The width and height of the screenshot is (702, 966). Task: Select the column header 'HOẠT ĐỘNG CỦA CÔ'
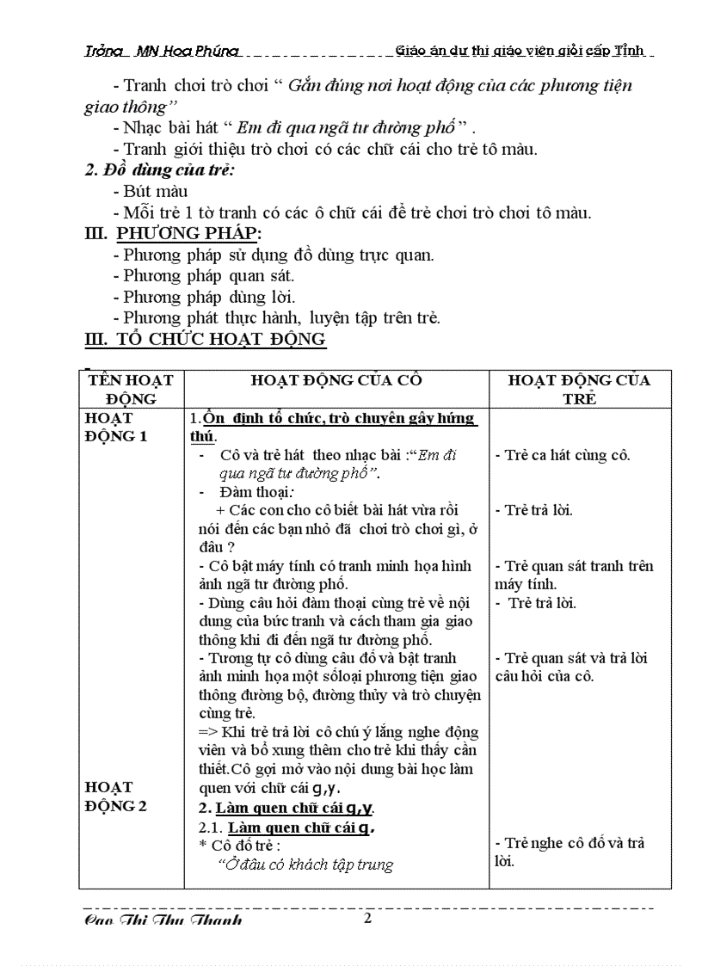pyautogui.click(x=336, y=380)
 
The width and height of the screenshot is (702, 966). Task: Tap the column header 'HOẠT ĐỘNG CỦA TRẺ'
pyautogui.click(x=579, y=389)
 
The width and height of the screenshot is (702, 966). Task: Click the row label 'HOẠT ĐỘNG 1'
pyautogui.click(x=116, y=427)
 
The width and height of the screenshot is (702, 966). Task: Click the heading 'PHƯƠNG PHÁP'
pyautogui.click(x=188, y=234)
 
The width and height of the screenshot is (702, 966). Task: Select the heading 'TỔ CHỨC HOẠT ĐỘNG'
pyautogui.click(x=220, y=339)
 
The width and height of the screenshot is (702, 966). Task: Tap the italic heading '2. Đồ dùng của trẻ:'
pyautogui.click(x=159, y=170)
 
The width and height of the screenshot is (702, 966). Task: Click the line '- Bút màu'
pyautogui.click(x=150, y=191)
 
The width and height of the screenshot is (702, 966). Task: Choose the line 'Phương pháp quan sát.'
pyautogui.click(x=208, y=276)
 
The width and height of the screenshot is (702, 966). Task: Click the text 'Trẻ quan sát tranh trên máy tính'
pyautogui.click(x=573, y=575)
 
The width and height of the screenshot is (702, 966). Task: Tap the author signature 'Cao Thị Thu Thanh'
pyautogui.click(x=163, y=920)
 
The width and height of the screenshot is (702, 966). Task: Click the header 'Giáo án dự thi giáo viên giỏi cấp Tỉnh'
pyautogui.click(x=520, y=51)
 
